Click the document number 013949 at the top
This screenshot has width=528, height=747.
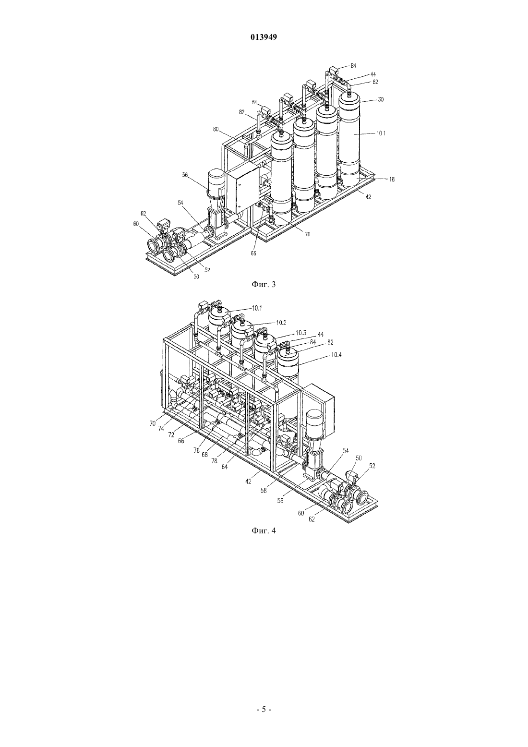pyautogui.click(x=264, y=37)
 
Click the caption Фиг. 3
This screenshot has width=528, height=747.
pyautogui.click(x=264, y=285)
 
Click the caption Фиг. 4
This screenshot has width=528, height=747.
pyautogui.click(x=264, y=530)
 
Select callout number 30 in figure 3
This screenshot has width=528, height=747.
pyautogui.click(x=381, y=99)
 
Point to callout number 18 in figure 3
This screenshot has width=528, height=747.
pyautogui.click(x=392, y=180)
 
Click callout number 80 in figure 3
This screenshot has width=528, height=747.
pyautogui.click(x=216, y=129)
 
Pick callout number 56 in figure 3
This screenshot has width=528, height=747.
pyautogui.click(x=185, y=174)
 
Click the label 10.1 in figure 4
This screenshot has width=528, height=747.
pyautogui.click(x=257, y=309)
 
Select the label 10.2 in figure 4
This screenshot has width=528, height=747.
pyautogui.click(x=281, y=323)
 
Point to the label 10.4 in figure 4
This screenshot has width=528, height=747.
pyautogui.click(x=336, y=355)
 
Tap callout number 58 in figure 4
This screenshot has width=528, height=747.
pyautogui.click(x=264, y=491)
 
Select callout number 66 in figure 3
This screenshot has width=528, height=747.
pyautogui.click(x=253, y=253)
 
